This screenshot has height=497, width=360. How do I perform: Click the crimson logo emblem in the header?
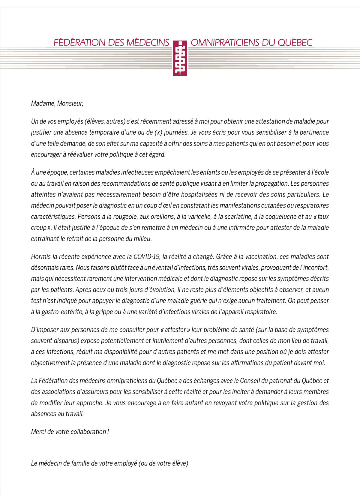(x=180, y=58)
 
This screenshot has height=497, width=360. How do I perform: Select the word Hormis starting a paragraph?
(x=40, y=257)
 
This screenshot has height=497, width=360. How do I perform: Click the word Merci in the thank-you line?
(x=38, y=432)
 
